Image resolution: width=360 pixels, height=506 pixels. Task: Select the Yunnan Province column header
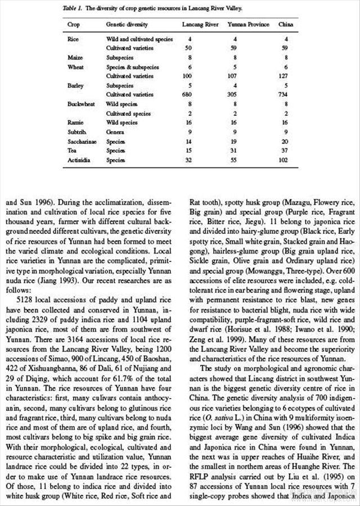248,25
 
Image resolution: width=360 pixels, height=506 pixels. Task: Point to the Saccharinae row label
82,141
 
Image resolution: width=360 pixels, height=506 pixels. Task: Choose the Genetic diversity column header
127,25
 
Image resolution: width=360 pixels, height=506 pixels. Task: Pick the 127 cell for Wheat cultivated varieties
287,75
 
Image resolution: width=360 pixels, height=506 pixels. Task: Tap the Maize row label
75,57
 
